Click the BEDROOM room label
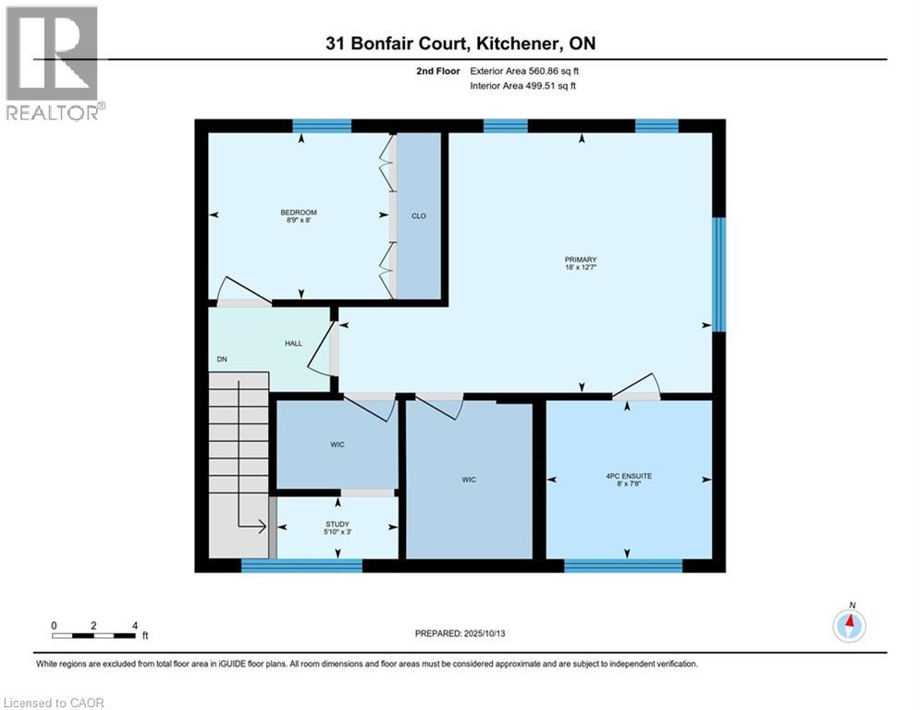point(299,214)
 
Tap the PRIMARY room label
point(582,260)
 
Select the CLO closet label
point(419,216)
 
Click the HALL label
point(293,344)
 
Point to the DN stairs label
point(222,360)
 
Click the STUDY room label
point(337,524)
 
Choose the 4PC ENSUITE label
point(629,476)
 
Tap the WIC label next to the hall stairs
point(337,446)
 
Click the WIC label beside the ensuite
point(470,479)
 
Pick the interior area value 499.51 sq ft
point(552,86)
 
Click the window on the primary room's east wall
point(718,274)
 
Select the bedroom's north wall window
point(322,126)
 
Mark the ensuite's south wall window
point(622,566)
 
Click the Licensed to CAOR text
point(55,703)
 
